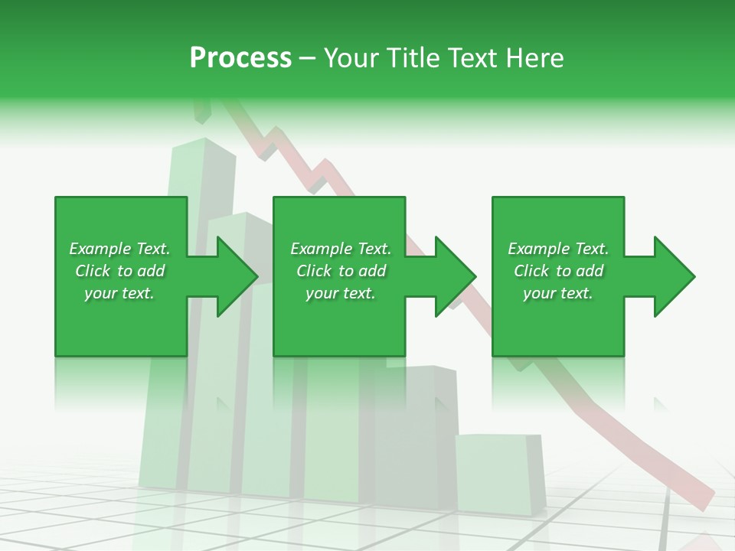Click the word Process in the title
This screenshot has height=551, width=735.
coord(240,57)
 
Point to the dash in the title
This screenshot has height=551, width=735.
coord(307,59)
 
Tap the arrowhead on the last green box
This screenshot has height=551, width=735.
coord(673,276)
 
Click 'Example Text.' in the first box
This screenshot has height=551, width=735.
coord(119,249)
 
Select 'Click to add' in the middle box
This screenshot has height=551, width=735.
coord(341,271)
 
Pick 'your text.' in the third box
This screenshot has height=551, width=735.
coord(558,293)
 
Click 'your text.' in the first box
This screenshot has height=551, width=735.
coord(119,293)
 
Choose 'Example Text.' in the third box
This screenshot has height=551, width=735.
coord(558,249)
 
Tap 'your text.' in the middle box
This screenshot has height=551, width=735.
coord(341,293)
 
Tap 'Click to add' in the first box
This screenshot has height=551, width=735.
coord(119,271)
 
